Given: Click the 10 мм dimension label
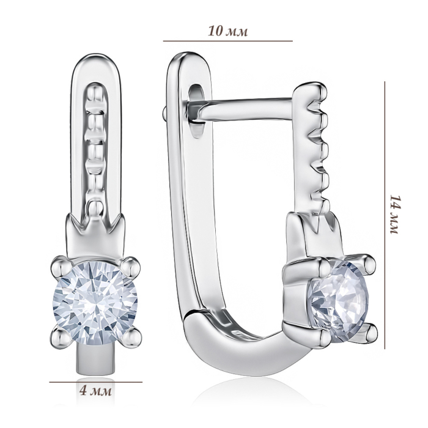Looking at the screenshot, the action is tap(228, 31).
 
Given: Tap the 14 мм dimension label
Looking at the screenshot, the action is tap(394, 214).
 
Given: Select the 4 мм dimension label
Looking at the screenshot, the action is tap(95, 392).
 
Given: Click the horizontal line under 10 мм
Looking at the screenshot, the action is tap(228, 41).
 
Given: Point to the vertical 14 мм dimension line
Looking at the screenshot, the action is tap(385, 215).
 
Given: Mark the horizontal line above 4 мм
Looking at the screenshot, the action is tap(95, 382).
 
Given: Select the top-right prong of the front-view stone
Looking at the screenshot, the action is tap(130, 265).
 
